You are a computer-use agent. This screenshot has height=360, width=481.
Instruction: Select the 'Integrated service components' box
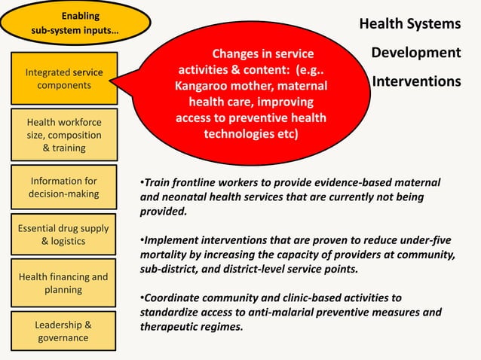(x=64, y=79)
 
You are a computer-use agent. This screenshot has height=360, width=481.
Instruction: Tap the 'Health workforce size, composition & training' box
(x=64, y=135)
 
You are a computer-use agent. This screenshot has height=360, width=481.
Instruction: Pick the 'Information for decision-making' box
(x=64, y=188)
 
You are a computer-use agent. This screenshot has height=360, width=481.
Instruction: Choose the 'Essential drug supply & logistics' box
(x=64, y=235)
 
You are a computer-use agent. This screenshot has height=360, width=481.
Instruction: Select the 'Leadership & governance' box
(x=64, y=331)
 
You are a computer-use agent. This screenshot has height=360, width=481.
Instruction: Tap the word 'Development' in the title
(x=415, y=53)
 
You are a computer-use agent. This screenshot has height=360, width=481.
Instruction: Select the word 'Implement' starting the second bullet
(x=173, y=240)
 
